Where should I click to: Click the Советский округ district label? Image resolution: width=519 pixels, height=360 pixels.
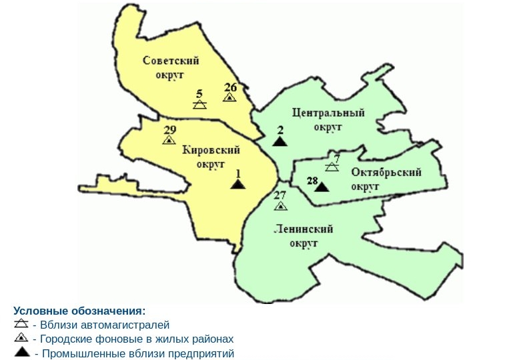tap(171, 68)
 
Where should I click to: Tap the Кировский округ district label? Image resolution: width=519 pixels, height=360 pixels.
tap(211, 157)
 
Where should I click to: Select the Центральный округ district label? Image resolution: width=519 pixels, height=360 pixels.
tap(328, 119)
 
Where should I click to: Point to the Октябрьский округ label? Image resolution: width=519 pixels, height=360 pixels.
tap(386, 179)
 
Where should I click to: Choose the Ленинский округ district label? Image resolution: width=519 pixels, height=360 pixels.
tap(304, 236)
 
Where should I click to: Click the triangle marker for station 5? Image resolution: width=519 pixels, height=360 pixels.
tap(199, 105)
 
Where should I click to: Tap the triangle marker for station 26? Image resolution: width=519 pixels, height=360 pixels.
tap(229, 97)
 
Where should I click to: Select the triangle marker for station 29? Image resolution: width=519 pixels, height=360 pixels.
tap(169, 139)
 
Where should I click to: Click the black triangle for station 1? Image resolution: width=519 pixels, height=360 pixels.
tap(238, 183)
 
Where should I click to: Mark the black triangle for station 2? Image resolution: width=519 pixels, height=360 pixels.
tap(280, 141)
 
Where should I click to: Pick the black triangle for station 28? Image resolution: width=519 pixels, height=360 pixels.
tap(322, 187)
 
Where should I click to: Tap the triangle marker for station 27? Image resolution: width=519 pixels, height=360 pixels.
tap(281, 205)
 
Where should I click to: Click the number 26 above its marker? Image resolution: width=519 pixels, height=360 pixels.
tap(230, 87)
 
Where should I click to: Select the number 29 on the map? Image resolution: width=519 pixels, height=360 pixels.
tap(169, 129)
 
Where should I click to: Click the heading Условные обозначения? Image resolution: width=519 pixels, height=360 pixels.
tap(79, 311)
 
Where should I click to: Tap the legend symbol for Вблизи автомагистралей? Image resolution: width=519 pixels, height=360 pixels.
tap(21, 325)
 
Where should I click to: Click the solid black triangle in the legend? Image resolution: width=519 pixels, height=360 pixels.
tap(22, 353)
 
